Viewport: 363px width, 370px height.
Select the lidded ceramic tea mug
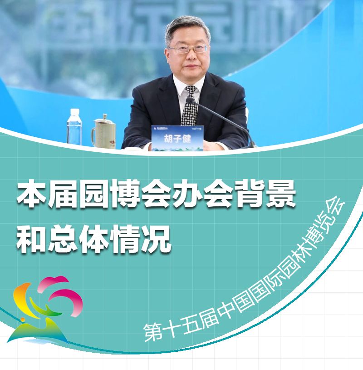[x=103, y=132]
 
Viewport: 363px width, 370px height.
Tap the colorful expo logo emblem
[x=45, y=309]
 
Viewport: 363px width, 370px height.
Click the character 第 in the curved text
[x=153, y=332]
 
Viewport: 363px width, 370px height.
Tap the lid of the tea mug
[x=103, y=119]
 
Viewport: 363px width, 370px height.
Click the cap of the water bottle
[x=74, y=111]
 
